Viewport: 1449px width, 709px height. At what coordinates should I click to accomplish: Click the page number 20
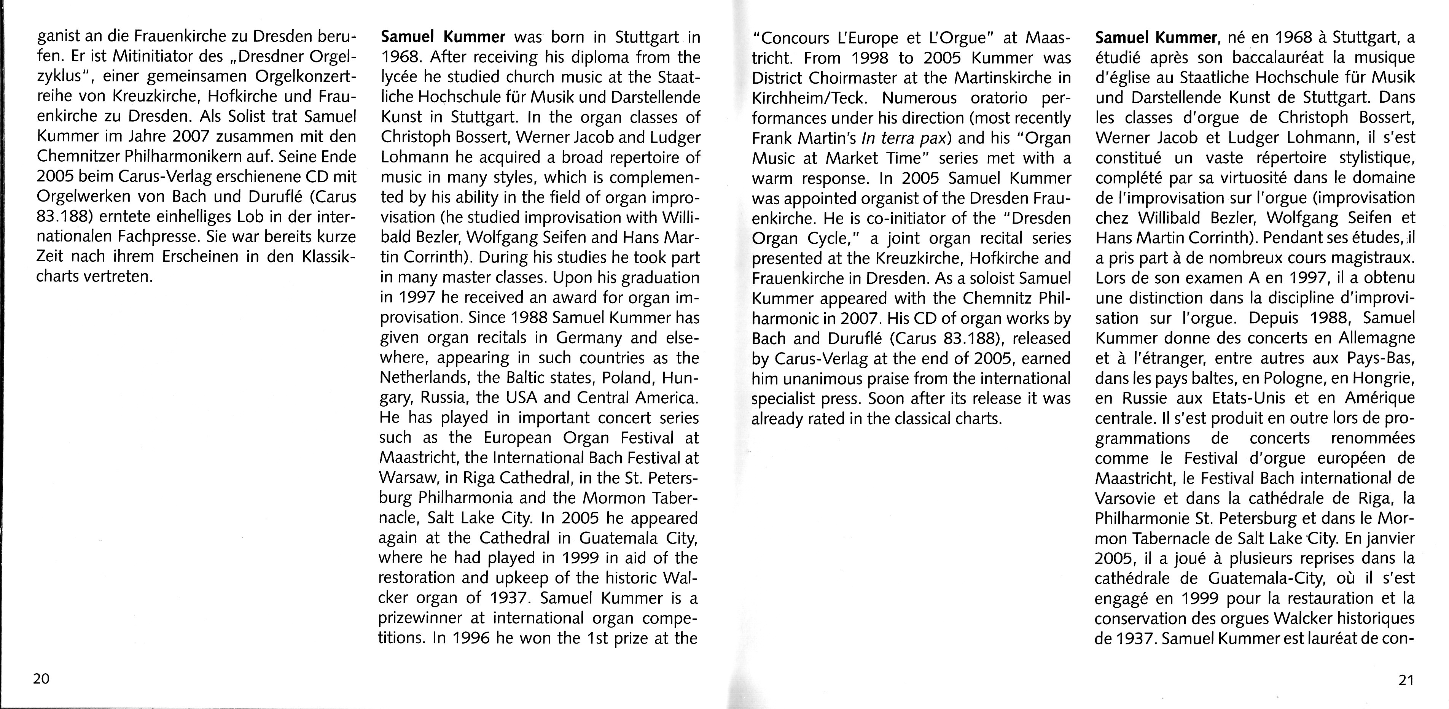(41, 679)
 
